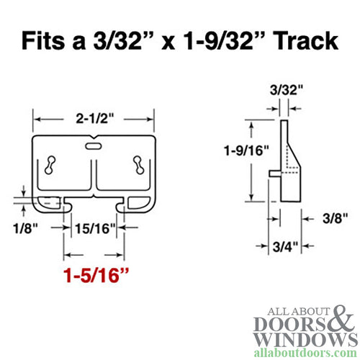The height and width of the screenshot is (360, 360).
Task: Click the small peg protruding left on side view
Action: pyautogui.click(x=271, y=173)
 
